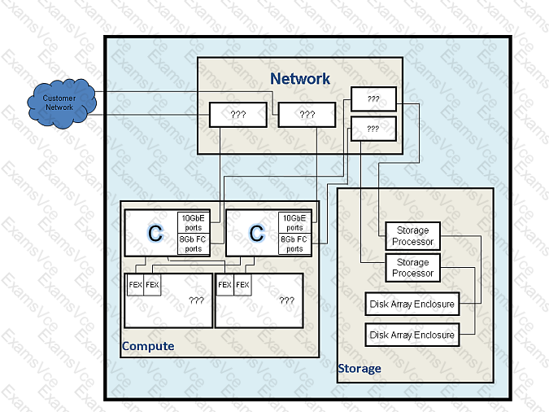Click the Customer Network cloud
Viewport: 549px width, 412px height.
62,103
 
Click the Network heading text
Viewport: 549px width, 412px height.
300,78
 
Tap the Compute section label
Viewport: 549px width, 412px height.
148,346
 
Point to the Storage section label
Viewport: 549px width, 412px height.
359,369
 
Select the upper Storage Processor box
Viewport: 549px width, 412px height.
413,236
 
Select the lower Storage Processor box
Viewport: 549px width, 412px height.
413,268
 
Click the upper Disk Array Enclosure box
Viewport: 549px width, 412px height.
412,304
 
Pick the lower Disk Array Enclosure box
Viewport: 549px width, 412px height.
412,335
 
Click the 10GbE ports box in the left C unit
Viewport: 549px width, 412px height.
194,222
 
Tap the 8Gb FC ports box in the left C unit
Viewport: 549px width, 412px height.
194,243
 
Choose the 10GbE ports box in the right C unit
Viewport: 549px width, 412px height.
294,222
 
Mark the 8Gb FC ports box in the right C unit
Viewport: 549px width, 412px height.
294,243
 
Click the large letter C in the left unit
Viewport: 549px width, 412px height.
155,233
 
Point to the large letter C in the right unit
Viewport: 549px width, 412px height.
256,233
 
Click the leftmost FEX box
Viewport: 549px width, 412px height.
135,285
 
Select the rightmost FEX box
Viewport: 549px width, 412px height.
242,285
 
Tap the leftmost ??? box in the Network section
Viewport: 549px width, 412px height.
238,115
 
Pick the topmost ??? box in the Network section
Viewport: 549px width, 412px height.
373,99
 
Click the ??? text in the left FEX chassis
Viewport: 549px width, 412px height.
197,300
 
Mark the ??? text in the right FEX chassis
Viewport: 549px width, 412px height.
287,300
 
